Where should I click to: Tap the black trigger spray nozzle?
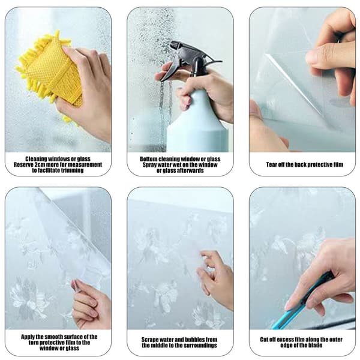pyautogui.click(x=188, y=59)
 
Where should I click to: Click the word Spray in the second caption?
pyautogui.click(x=149, y=165)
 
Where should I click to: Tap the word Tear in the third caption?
pyautogui.click(x=271, y=164)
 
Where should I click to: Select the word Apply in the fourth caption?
pyautogui.click(x=28, y=337)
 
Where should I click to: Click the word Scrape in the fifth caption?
pyautogui.click(x=149, y=340)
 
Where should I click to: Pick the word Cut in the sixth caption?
pyautogui.click(x=264, y=340)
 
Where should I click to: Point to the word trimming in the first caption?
pyautogui.click(x=73, y=170)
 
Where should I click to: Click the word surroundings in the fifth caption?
pyautogui.click(x=200, y=346)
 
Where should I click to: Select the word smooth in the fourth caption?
pyautogui.click(x=53, y=337)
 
